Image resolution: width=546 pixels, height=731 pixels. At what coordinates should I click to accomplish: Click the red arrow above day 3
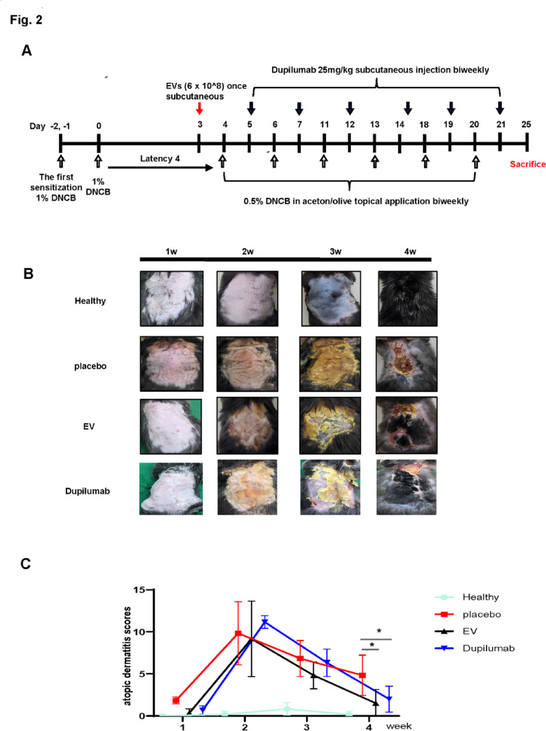pyautogui.click(x=199, y=108)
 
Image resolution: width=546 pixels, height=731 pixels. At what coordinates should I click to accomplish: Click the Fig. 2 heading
pyautogui.click(x=26, y=20)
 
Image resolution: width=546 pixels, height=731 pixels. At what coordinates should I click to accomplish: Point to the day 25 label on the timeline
pyautogui.click(x=525, y=125)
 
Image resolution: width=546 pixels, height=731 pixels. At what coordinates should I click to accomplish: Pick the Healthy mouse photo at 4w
pyautogui.click(x=408, y=297)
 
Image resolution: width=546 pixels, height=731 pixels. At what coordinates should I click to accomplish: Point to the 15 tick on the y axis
pyautogui.click(x=139, y=590)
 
